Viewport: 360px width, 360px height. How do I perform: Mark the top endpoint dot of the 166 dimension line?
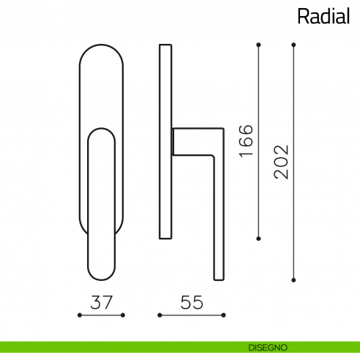258,45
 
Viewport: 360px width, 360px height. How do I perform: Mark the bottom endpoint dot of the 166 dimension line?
258,239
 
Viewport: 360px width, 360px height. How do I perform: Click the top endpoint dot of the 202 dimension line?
293,45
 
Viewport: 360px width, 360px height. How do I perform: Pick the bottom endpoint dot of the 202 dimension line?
293,279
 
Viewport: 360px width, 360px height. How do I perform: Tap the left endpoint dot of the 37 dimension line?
79,315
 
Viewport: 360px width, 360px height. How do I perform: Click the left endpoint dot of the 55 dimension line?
160,315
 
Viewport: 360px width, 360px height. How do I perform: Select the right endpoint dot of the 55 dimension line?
222,315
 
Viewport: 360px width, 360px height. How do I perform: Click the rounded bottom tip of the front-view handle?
101,279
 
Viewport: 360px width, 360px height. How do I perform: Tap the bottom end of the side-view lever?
218,278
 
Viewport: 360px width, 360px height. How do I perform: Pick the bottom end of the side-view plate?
165,237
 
